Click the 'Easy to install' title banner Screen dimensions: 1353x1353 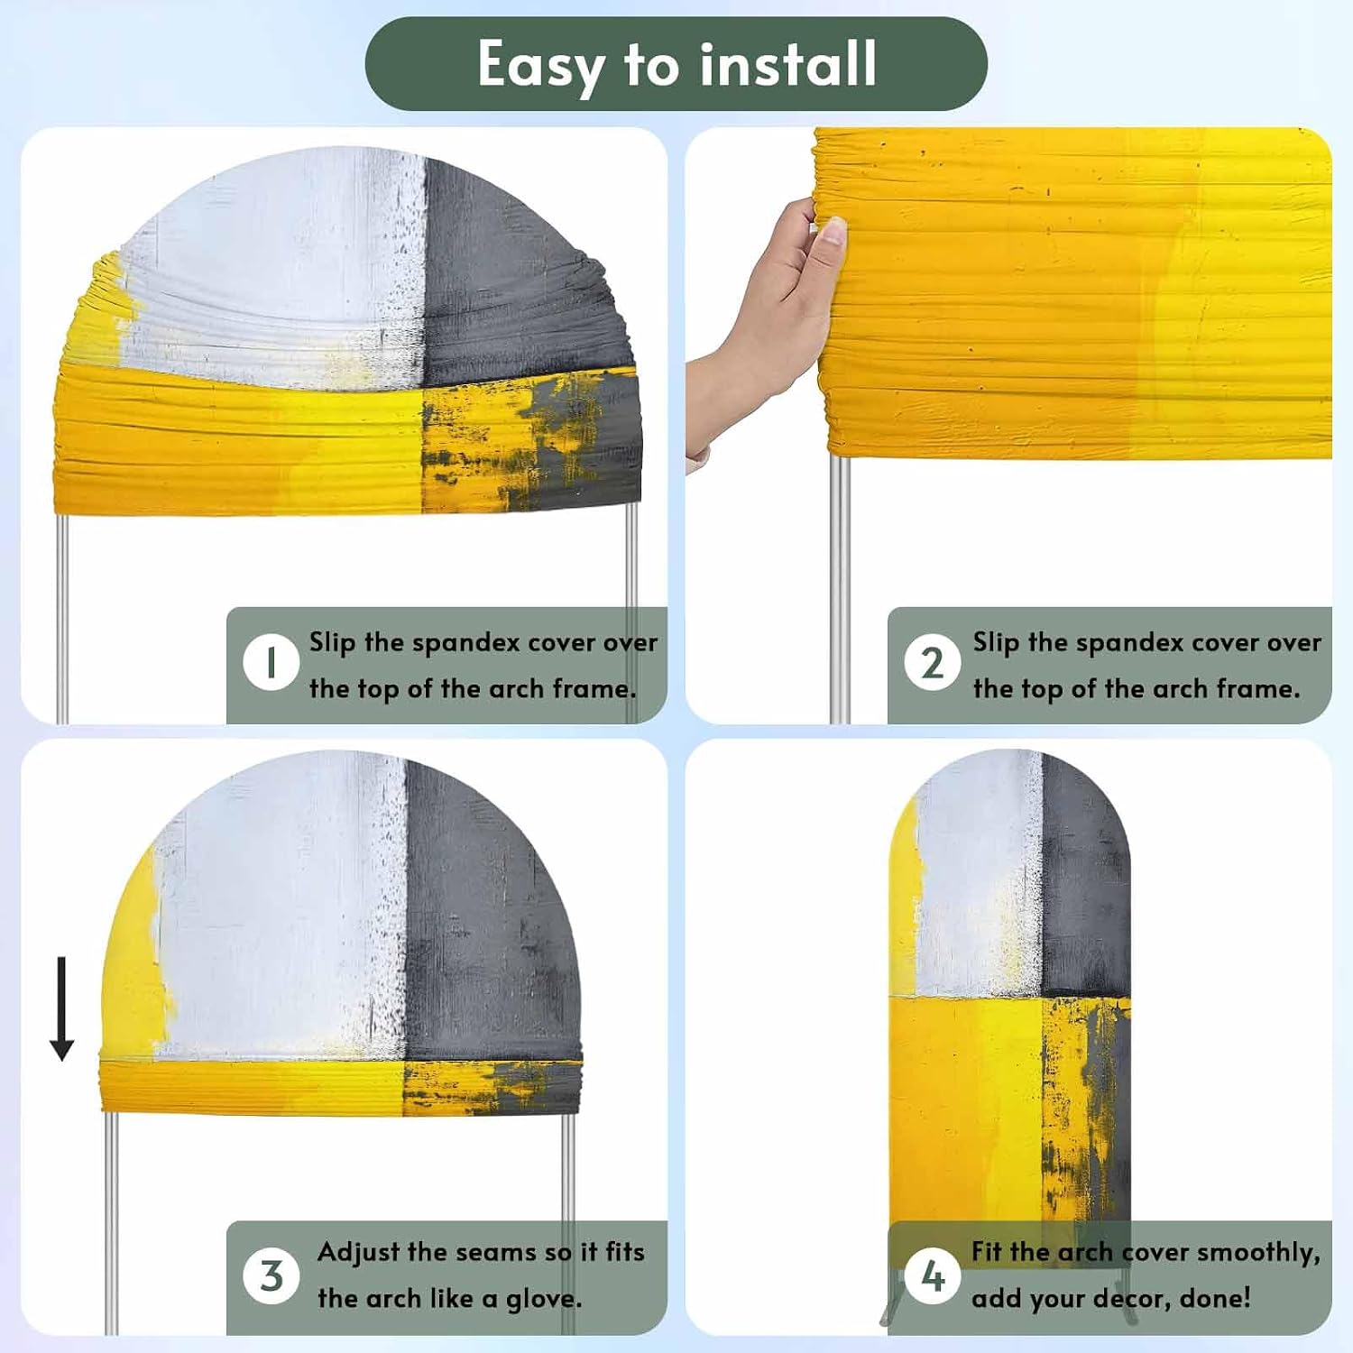pos(676,64)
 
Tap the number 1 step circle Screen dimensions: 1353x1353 pos(271,662)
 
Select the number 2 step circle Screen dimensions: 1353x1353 pos(933,662)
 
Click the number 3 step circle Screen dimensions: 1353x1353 pos(271,1275)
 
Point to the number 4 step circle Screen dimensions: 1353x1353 pos(933,1275)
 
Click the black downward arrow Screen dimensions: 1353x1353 pos(61,1008)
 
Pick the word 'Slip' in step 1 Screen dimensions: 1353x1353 pos(332,642)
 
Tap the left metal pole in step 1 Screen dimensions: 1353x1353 pos(62,619)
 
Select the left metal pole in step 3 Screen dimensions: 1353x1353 pos(111,1222)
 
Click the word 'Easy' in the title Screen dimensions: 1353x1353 pos(540,65)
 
